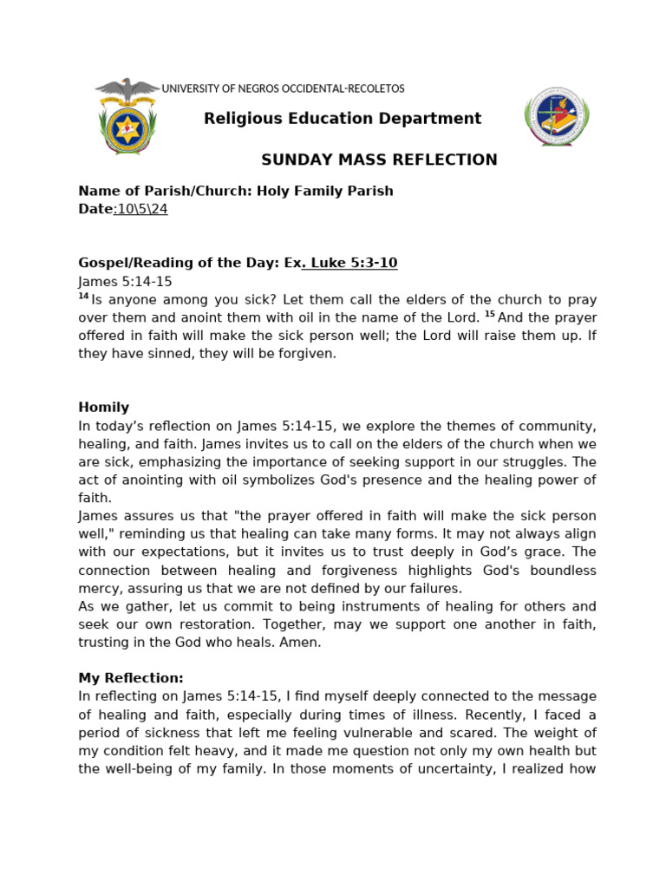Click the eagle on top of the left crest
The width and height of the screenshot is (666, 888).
click(x=127, y=89)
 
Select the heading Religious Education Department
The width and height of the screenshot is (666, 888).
click(x=343, y=119)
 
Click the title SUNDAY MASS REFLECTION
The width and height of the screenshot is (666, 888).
click(x=380, y=160)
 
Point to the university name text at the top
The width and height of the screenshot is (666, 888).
click(x=283, y=88)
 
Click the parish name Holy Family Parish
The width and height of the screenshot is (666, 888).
click(x=324, y=191)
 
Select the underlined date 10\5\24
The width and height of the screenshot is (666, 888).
click(x=142, y=209)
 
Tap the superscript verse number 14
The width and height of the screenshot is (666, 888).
click(x=83, y=297)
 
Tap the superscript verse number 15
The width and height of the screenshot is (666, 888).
click(x=490, y=315)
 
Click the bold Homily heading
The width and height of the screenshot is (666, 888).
click(x=103, y=408)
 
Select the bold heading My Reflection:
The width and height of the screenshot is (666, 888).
click(x=131, y=678)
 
